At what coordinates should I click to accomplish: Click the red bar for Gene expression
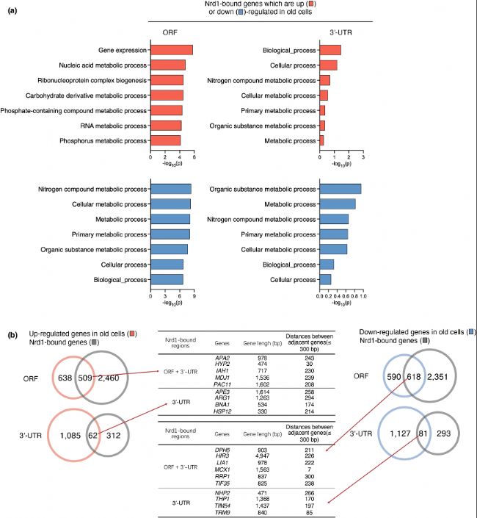(172, 50)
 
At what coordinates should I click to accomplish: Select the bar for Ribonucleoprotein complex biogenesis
(167, 80)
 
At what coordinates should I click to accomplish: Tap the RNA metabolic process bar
(166, 125)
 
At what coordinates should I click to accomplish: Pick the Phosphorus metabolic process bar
(165, 140)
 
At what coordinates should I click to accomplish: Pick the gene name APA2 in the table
(223, 358)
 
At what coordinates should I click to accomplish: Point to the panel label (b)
(13, 335)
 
